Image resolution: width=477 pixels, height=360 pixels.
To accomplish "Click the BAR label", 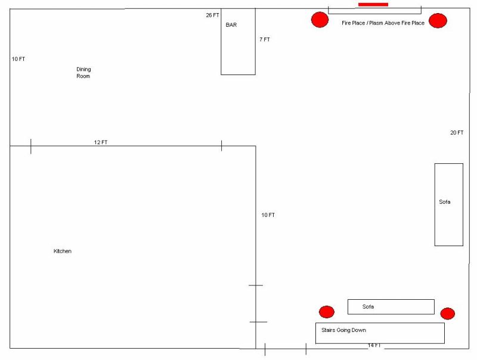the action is coord(231,25).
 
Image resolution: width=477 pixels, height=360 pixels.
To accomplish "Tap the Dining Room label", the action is coord(83,73).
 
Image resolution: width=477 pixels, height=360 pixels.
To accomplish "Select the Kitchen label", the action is coord(63,251).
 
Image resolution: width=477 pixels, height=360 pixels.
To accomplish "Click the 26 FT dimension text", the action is coord(212,15).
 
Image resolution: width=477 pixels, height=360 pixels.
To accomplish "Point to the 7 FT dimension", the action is coord(265,39).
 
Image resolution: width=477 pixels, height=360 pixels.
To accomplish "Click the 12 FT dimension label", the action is coord(101,142).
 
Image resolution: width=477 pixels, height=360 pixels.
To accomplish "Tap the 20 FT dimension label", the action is coord(457,132).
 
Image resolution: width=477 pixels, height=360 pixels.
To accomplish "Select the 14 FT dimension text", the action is coord(374,345).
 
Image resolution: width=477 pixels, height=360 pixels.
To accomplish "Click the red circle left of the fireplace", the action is coord(320,20).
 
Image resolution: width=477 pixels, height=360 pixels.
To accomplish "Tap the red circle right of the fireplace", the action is coord(438,21).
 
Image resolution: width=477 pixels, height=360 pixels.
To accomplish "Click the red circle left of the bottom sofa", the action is coord(326,312).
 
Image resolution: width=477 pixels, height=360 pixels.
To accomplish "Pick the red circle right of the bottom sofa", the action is coord(448,314).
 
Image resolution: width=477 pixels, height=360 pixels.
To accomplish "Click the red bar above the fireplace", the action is coord(373,5).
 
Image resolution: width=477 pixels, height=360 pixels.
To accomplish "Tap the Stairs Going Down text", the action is coord(344,330).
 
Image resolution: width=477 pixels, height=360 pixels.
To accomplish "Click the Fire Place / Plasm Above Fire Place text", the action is coord(383,23).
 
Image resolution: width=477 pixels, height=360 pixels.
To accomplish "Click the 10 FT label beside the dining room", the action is coord(18,59).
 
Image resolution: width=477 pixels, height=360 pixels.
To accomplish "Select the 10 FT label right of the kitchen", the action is coord(268,215).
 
